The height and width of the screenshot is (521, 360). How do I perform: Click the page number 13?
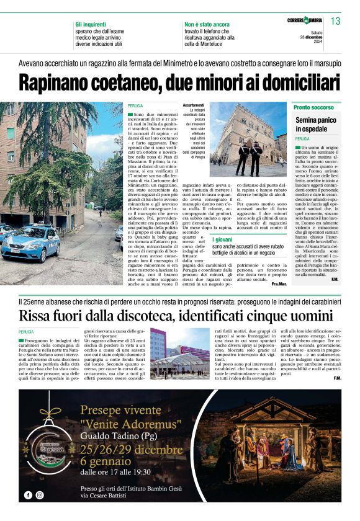336,22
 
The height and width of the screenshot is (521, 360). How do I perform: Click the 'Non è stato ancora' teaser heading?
207,24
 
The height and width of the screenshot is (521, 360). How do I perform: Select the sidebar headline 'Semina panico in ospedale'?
315,124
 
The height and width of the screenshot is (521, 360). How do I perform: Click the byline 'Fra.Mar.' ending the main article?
279,283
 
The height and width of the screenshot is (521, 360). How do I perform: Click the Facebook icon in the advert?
28,495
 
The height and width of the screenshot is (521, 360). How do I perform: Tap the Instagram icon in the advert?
40,495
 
